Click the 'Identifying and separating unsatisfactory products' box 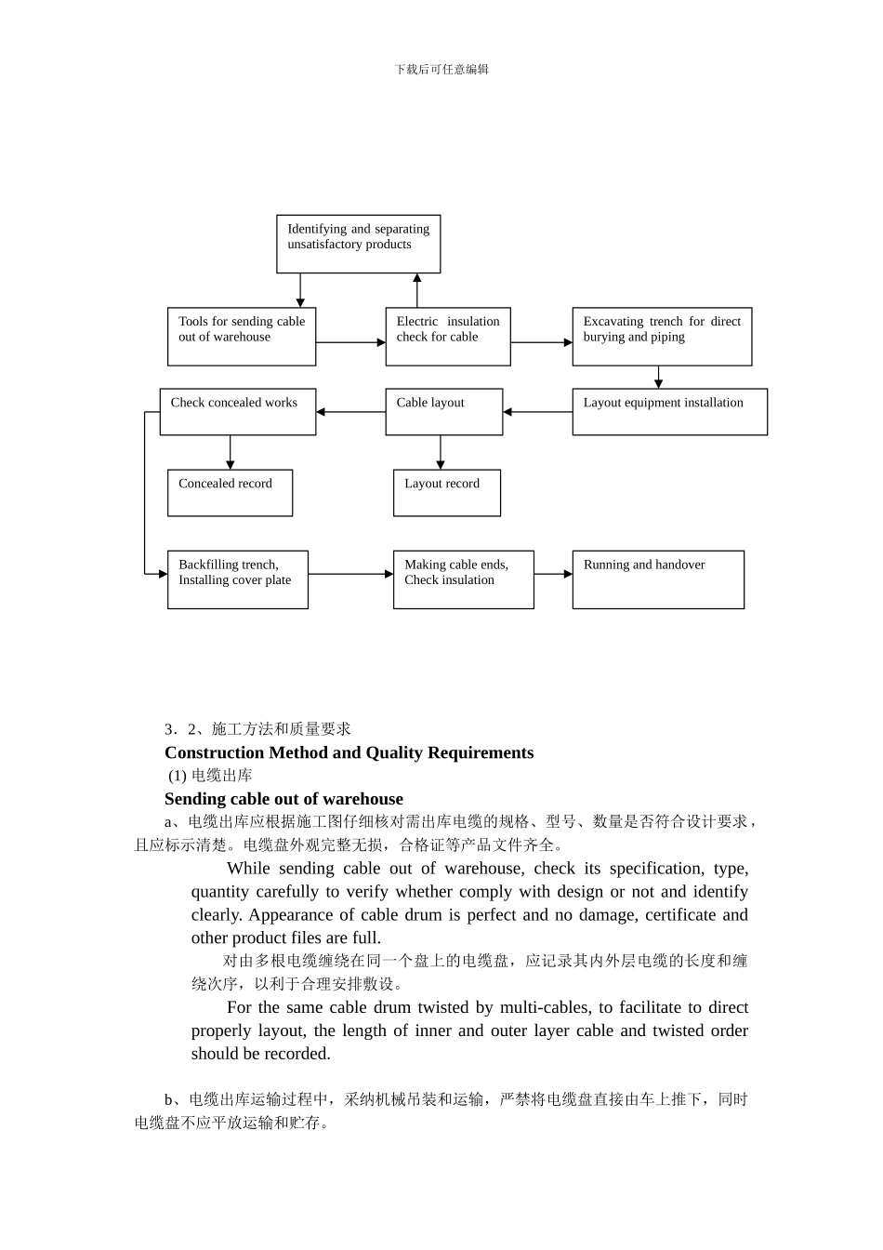tap(358, 244)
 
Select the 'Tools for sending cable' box tap(242, 337)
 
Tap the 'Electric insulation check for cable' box tap(447, 337)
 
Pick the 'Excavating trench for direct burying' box tap(662, 337)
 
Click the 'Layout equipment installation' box tap(669, 411)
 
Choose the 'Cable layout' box tap(443, 411)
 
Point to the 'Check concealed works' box tap(237, 411)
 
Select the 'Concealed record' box tap(230, 492)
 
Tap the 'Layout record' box tap(446, 492)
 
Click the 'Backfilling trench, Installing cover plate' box tap(237, 579)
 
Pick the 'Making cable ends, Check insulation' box tap(463, 579)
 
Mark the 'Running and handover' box tap(658, 579)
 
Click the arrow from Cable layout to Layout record tap(441, 452)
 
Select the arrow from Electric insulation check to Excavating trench tap(541, 342)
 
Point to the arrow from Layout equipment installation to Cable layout tap(537, 411)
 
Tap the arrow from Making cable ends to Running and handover tap(553, 574)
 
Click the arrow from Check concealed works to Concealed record tap(230, 452)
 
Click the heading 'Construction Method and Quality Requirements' tap(349, 752)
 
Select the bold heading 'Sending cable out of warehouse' tap(283, 799)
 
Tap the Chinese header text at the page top tap(441, 69)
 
